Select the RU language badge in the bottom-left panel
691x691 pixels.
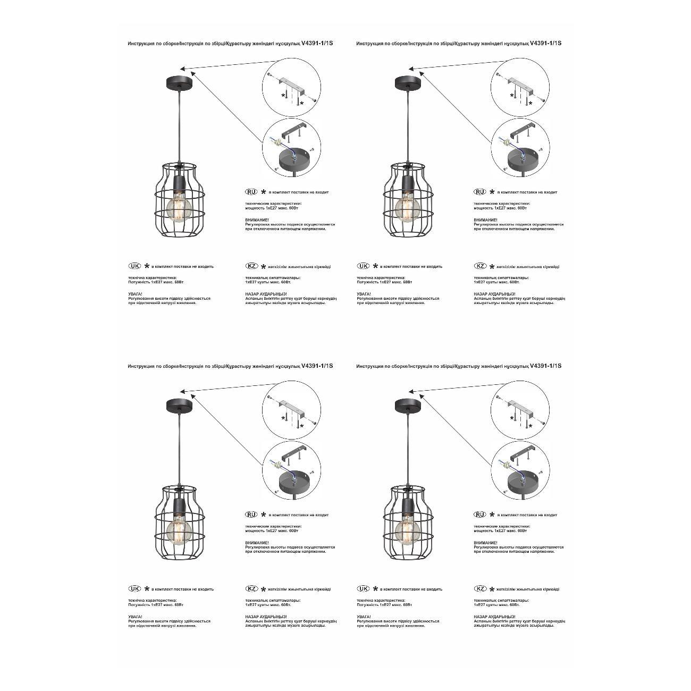251,515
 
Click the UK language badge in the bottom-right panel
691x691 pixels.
363,589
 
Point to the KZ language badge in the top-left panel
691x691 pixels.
251,266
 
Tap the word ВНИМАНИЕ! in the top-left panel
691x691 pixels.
257,220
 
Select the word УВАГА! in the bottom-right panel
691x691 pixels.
364,617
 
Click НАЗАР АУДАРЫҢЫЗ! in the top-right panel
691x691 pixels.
494,294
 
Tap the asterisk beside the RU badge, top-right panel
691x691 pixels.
492,192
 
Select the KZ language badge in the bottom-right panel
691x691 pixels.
480,589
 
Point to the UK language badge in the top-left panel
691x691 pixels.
134,266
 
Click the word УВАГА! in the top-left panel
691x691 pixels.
135,294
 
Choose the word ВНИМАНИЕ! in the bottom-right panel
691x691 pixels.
485,543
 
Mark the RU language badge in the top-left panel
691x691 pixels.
251,192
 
